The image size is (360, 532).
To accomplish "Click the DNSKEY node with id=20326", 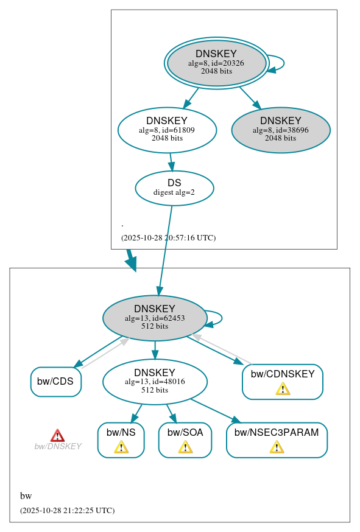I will pyautogui.click(x=216, y=63).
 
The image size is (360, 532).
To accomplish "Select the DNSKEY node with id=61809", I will pyautogui.click(x=167, y=130).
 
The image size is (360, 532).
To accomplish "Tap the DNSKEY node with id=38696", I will pyautogui.click(x=281, y=130).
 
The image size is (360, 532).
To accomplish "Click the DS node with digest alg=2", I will pyautogui.click(x=174, y=187).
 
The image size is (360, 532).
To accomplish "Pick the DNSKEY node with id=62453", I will pyautogui.click(x=155, y=318).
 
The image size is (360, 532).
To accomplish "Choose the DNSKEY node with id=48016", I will pyautogui.click(x=155, y=382).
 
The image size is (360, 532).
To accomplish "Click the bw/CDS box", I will pyautogui.click(x=55, y=382).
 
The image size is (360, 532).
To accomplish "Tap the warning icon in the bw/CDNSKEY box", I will pyautogui.click(x=283, y=389).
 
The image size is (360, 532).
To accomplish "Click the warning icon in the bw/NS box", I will pyautogui.click(x=121, y=447).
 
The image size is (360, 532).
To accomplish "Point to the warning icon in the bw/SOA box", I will pyautogui.click(x=185, y=447).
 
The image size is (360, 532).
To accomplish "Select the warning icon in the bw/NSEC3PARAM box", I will pyautogui.click(x=277, y=447).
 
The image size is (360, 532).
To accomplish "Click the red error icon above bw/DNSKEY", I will pyautogui.click(x=57, y=435).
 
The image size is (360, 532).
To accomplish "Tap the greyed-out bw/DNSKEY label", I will pyautogui.click(x=58, y=446).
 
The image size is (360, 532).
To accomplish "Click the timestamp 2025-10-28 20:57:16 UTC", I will pyautogui.click(x=168, y=238).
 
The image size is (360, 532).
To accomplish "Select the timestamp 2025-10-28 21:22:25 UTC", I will pyautogui.click(x=67, y=511).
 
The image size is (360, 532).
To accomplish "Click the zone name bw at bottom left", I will pyautogui.click(x=26, y=496).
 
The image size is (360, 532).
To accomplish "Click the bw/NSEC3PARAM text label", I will pyautogui.click(x=277, y=433).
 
